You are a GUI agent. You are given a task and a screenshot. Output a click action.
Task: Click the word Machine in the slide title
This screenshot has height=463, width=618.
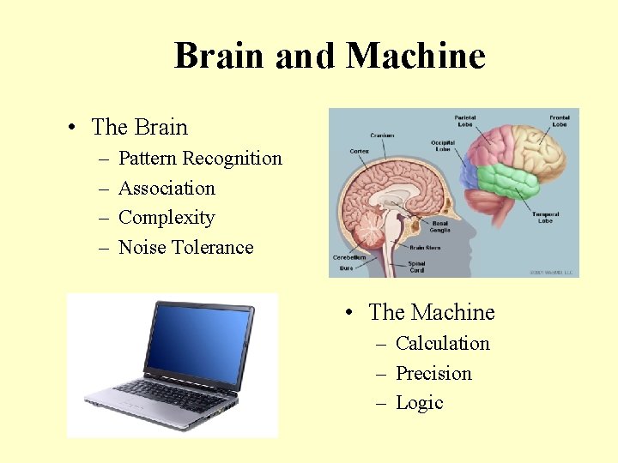[415, 56]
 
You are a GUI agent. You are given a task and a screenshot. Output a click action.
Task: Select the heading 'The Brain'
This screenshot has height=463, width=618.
[139, 128]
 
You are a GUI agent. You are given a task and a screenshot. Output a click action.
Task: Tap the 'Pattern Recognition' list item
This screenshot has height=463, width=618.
[200, 159]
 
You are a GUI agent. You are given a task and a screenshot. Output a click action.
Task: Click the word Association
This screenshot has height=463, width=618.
[167, 189]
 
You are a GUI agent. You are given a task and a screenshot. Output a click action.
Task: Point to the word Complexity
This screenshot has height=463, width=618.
[167, 218]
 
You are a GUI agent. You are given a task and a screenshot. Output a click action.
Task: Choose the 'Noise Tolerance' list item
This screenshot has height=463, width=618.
[185, 248]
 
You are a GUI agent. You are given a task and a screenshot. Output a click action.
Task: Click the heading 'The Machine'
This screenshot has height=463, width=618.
[432, 313]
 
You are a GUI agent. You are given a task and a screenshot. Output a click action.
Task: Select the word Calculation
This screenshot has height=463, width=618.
[442, 344]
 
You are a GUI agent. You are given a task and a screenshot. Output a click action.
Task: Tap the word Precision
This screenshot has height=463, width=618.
[433, 374]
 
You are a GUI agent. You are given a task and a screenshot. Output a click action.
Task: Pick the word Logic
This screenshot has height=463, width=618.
[419, 403]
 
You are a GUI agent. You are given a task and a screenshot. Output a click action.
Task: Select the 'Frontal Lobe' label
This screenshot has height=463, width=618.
[559, 121]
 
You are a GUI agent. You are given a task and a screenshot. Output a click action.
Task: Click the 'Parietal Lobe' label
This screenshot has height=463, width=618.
[465, 121]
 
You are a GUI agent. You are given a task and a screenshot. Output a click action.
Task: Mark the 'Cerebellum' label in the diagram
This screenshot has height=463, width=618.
[348, 256]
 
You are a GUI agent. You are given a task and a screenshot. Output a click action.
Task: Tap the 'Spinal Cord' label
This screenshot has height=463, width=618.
[416, 267]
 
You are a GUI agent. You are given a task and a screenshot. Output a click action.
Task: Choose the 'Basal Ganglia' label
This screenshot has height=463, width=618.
[439, 226]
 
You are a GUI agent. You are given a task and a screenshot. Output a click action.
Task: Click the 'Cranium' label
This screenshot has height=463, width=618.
[382, 135]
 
